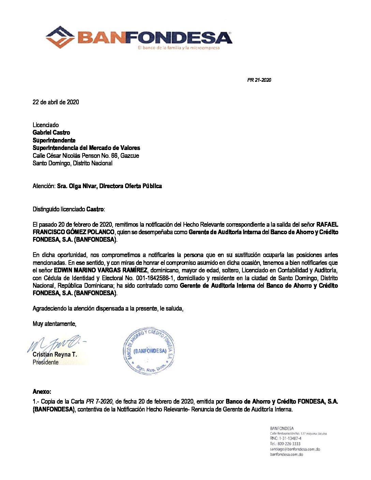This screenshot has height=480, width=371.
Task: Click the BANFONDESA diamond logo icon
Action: tap(60, 37)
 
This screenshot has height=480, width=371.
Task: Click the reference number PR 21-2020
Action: tap(259, 80)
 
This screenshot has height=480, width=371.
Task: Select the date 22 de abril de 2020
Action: tap(56, 102)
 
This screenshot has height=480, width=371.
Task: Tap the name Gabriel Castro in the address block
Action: tap(51, 133)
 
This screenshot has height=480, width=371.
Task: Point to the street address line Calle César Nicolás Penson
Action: tap(86, 156)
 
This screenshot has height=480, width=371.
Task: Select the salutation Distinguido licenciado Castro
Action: tap(69, 209)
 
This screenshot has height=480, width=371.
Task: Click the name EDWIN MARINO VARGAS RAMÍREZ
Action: tap(101, 270)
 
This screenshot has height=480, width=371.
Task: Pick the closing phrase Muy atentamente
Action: tap(54, 324)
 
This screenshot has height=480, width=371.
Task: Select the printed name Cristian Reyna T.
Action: tap(55, 355)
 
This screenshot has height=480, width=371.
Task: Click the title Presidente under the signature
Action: tap(45, 362)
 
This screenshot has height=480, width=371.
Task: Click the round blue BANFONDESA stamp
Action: tap(149, 351)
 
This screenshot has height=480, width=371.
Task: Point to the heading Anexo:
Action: tap(42, 392)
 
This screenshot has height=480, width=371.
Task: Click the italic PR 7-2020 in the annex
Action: tap(99, 402)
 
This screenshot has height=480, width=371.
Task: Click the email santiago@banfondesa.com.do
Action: tap(295, 449)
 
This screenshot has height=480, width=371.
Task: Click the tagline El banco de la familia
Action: tap(179, 48)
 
